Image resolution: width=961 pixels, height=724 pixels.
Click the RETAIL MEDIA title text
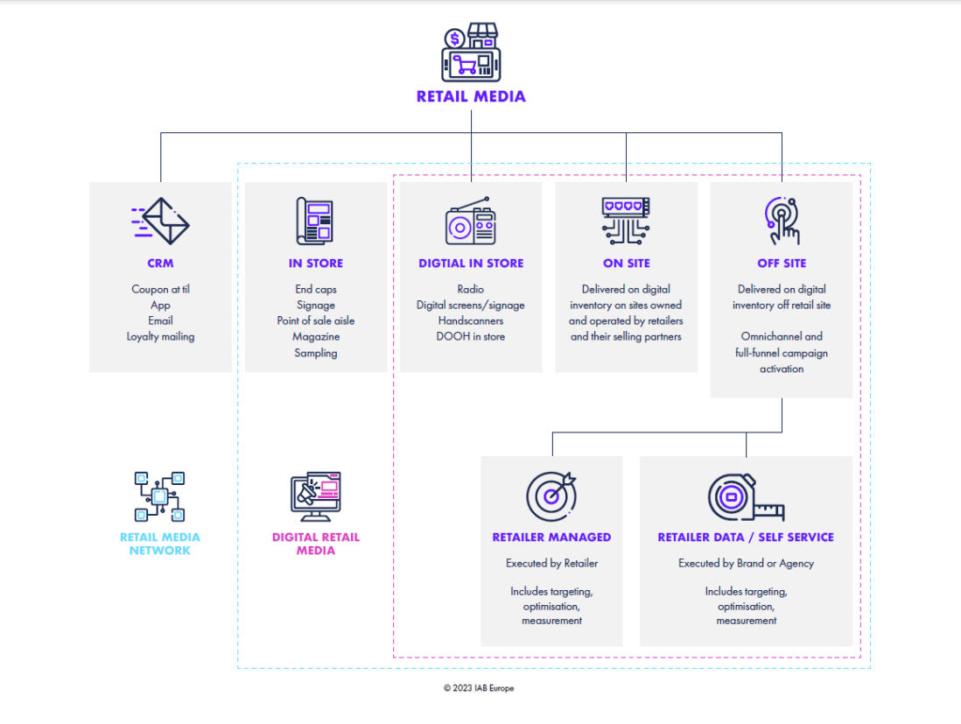click(471, 96)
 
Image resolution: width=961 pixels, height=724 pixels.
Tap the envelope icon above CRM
click(160, 221)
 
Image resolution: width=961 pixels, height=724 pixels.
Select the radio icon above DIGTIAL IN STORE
click(470, 221)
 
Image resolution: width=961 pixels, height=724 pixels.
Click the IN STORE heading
click(315, 263)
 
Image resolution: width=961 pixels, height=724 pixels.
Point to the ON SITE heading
click(626, 263)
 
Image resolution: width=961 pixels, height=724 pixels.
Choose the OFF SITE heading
click(782, 263)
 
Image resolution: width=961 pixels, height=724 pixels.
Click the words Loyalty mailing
click(160, 336)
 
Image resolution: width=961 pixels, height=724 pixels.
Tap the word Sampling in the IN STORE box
click(315, 353)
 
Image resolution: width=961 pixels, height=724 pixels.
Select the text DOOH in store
click(471, 336)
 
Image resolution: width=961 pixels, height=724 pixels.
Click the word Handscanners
click(471, 320)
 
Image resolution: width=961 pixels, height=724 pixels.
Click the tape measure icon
click(746, 497)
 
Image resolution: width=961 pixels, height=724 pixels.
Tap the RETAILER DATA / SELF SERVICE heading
click(746, 537)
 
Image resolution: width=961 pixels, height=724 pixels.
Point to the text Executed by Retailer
click(551, 563)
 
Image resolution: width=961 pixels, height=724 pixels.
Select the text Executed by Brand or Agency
click(746, 563)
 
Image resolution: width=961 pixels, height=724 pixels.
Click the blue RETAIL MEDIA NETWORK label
click(160, 544)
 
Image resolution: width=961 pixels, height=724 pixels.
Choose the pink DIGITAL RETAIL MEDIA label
click(315, 544)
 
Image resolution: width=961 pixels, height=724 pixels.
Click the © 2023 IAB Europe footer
click(479, 688)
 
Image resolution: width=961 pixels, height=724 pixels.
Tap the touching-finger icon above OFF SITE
click(782, 221)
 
